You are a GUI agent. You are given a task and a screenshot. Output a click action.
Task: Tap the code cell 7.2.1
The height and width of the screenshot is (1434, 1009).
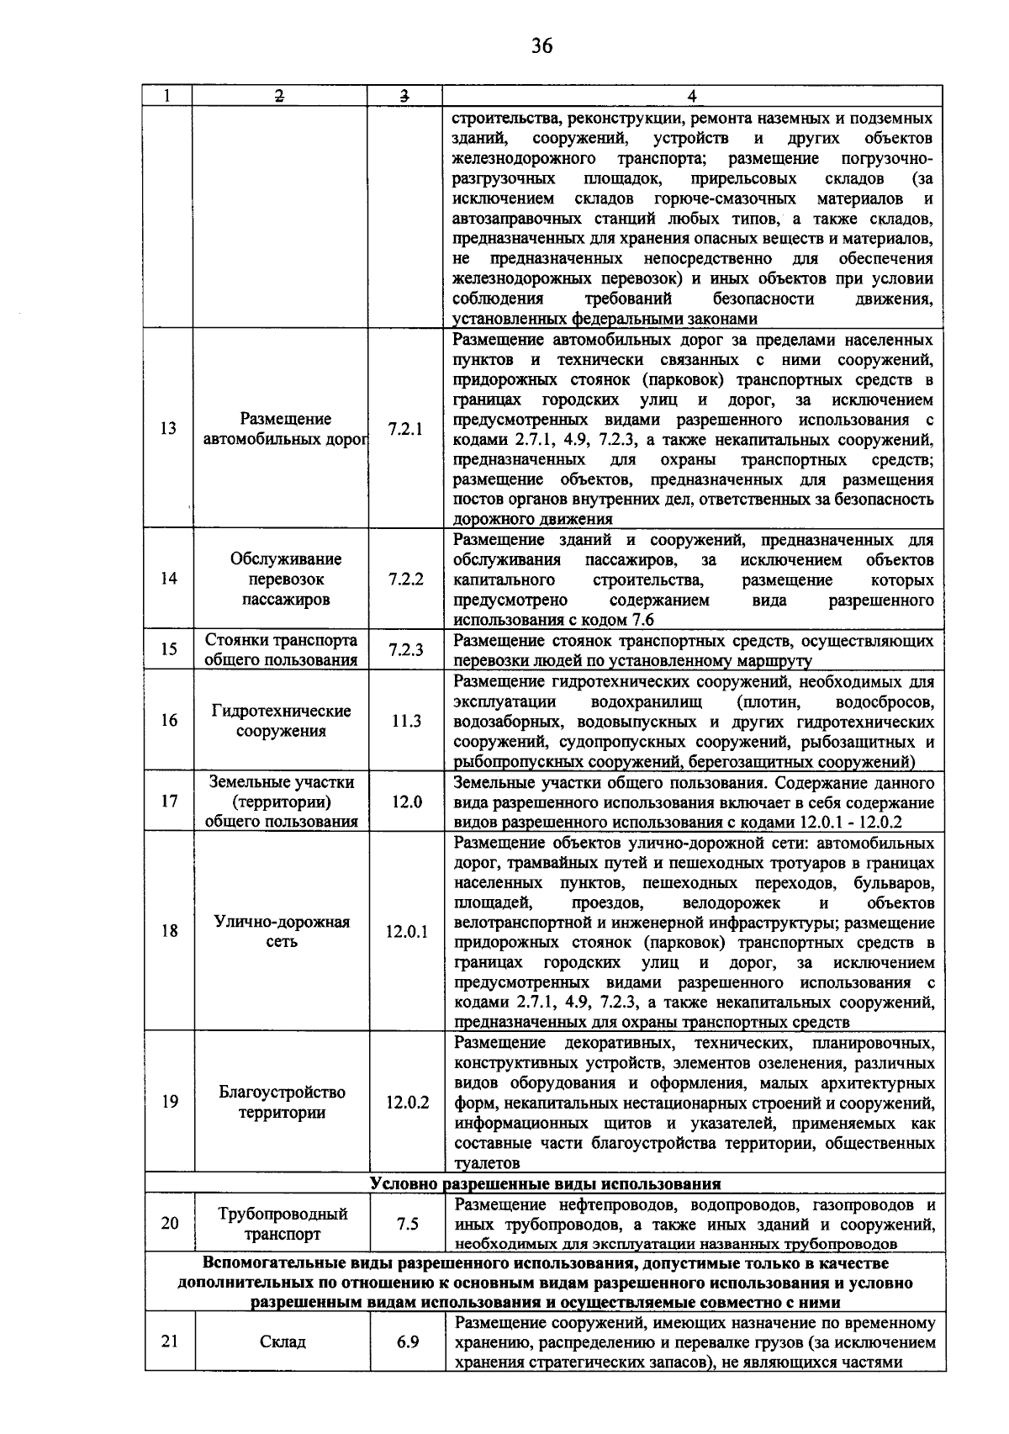tap(405, 429)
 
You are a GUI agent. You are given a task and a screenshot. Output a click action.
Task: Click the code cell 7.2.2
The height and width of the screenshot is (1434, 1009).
tap(406, 579)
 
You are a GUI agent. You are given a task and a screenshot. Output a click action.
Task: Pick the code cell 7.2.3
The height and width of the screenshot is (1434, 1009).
tap(406, 650)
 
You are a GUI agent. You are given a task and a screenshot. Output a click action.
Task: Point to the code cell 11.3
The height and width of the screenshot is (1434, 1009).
tap(406, 721)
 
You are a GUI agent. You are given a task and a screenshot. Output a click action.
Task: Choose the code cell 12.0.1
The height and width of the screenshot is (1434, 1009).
tap(407, 931)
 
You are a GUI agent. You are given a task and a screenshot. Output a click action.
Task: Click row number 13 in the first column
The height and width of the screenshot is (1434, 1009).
tap(168, 429)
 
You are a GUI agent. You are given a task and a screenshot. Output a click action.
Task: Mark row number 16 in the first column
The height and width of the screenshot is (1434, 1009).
tap(169, 721)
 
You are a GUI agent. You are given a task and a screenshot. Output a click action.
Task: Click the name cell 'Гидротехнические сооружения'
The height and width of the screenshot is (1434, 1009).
tap(281, 721)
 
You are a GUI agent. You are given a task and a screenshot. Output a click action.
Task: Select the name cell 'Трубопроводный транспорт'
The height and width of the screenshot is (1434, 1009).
tap(283, 1224)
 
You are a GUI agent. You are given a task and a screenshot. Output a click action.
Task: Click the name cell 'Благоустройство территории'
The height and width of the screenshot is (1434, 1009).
tap(282, 1102)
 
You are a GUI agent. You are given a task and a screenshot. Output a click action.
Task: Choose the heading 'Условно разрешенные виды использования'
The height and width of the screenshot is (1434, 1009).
tap(546, 1184)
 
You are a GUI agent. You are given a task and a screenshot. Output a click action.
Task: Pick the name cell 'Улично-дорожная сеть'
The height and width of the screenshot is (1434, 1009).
tap(282, 931)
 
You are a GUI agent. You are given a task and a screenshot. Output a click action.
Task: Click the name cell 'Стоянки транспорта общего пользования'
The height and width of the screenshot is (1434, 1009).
tap(281, 650)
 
